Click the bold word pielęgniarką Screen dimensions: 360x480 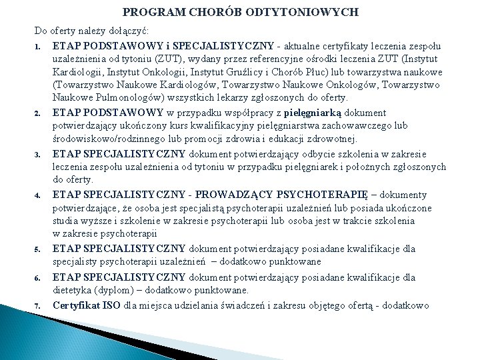click(323, 113)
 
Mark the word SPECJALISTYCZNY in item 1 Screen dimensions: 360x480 click(225, 45)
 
